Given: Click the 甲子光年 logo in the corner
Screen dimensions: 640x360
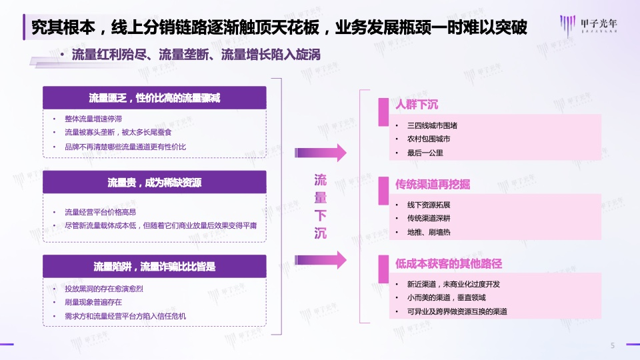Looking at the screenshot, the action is [x=588, y=25].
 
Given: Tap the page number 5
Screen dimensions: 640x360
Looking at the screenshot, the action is [x=612, y=346].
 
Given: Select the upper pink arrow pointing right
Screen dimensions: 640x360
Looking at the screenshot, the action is [x=321, y=153].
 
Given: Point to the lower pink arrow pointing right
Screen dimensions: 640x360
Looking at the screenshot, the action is [x=321, y=260].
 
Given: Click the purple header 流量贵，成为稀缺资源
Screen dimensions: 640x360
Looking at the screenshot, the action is [x=155, y=182].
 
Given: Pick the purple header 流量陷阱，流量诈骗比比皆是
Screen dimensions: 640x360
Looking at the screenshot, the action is [x=155, y=267].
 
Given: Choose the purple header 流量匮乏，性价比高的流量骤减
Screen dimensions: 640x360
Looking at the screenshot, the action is [x=155, y=98].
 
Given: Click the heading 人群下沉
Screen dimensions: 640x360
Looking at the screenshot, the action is [x=416, y=105].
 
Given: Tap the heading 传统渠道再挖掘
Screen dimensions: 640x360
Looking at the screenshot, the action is [x=432, y=185].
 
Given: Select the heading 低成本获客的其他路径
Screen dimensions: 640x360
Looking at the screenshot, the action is [x=448, y=264].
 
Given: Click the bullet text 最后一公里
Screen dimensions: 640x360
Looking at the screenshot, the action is [x=425, y=153].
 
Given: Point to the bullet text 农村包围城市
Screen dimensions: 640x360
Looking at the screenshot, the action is [x=429, y=139].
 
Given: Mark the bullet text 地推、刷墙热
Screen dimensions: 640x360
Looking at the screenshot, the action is [x=429, y=232].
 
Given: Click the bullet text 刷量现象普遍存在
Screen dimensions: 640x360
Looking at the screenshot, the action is [x=93, y=303].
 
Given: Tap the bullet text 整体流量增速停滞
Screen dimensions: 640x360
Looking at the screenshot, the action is [x=93, y=119].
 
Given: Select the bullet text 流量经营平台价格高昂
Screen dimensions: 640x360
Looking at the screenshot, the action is [x=100, y=212].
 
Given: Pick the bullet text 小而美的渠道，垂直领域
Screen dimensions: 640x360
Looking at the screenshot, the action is [x=446, y=297].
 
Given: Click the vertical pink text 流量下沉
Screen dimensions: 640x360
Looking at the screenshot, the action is [x=321, y=207].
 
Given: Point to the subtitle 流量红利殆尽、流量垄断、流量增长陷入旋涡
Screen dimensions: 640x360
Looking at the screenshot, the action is [x=196, y=55].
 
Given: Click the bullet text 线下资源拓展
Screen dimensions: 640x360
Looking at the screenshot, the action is [x=429, y=205].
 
